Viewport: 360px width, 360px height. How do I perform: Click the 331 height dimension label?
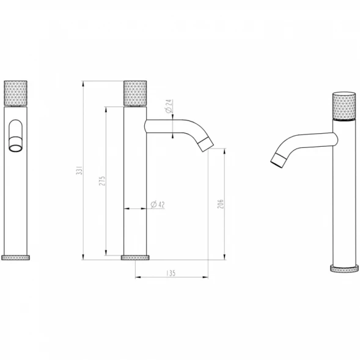coord(79,170)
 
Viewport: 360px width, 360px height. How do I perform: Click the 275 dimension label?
coord(102,181)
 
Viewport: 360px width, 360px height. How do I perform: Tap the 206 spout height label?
coord(221,204)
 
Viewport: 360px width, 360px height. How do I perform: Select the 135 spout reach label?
coord(171,273)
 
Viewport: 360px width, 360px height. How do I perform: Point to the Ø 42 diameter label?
coord(158,204)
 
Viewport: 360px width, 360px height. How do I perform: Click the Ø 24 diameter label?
coord(169,106)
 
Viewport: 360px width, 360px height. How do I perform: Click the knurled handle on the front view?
coord(16,94)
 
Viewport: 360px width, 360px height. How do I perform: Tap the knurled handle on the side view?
coord(135,94)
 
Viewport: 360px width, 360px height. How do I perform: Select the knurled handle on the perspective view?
coord(344,106)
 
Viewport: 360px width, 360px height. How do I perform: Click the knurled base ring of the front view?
coord(16,257)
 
